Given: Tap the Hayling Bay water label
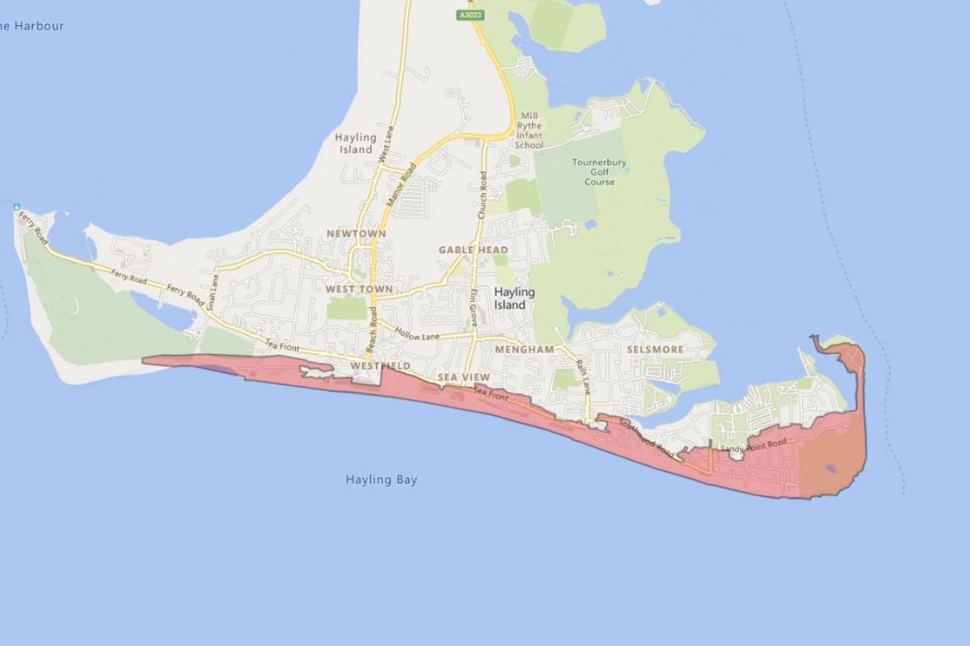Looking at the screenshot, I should coord(382,480).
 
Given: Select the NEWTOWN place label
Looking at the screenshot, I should coord(356,233).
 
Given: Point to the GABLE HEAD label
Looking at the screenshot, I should coord(474,250).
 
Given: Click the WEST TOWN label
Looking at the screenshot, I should coord(359,288).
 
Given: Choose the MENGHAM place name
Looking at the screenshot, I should coord(525,350).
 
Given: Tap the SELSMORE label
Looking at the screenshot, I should coord(655,350).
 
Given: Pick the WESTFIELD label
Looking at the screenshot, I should coord(381,366).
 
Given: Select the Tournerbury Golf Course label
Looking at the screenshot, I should coord(599,172).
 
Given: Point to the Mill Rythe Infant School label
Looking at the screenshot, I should coord(529,130).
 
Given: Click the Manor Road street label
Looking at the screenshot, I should coord(402,185).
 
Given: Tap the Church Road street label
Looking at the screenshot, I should coord(483,196).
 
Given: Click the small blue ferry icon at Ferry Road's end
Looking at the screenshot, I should coord(16,208).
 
